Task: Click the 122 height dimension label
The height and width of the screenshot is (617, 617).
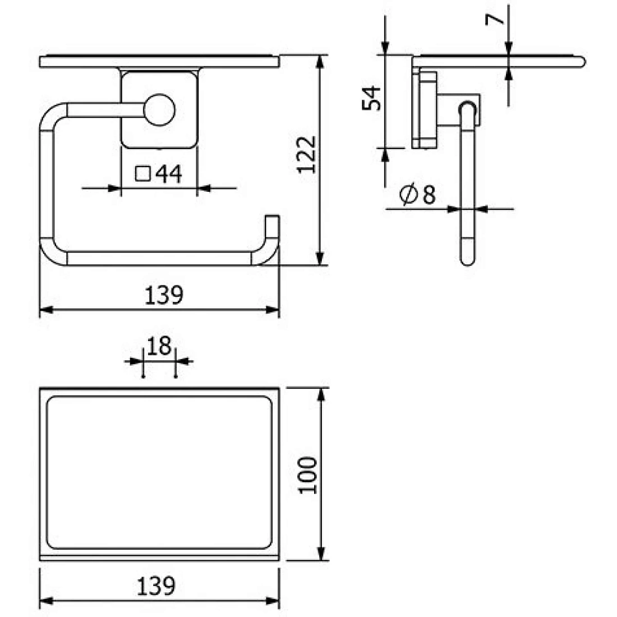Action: (306, 155)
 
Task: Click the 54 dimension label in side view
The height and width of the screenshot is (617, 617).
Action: (371, 98)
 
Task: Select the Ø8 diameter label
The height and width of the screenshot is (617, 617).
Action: (417, 194)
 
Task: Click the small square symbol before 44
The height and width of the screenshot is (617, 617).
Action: (143, 173)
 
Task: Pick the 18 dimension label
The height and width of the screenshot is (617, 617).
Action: (159, 346)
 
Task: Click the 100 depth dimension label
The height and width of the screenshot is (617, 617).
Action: (307, 475)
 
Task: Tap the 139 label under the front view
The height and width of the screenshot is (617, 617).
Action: (164, 295)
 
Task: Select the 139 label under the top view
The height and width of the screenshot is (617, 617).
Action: (156, 586)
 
